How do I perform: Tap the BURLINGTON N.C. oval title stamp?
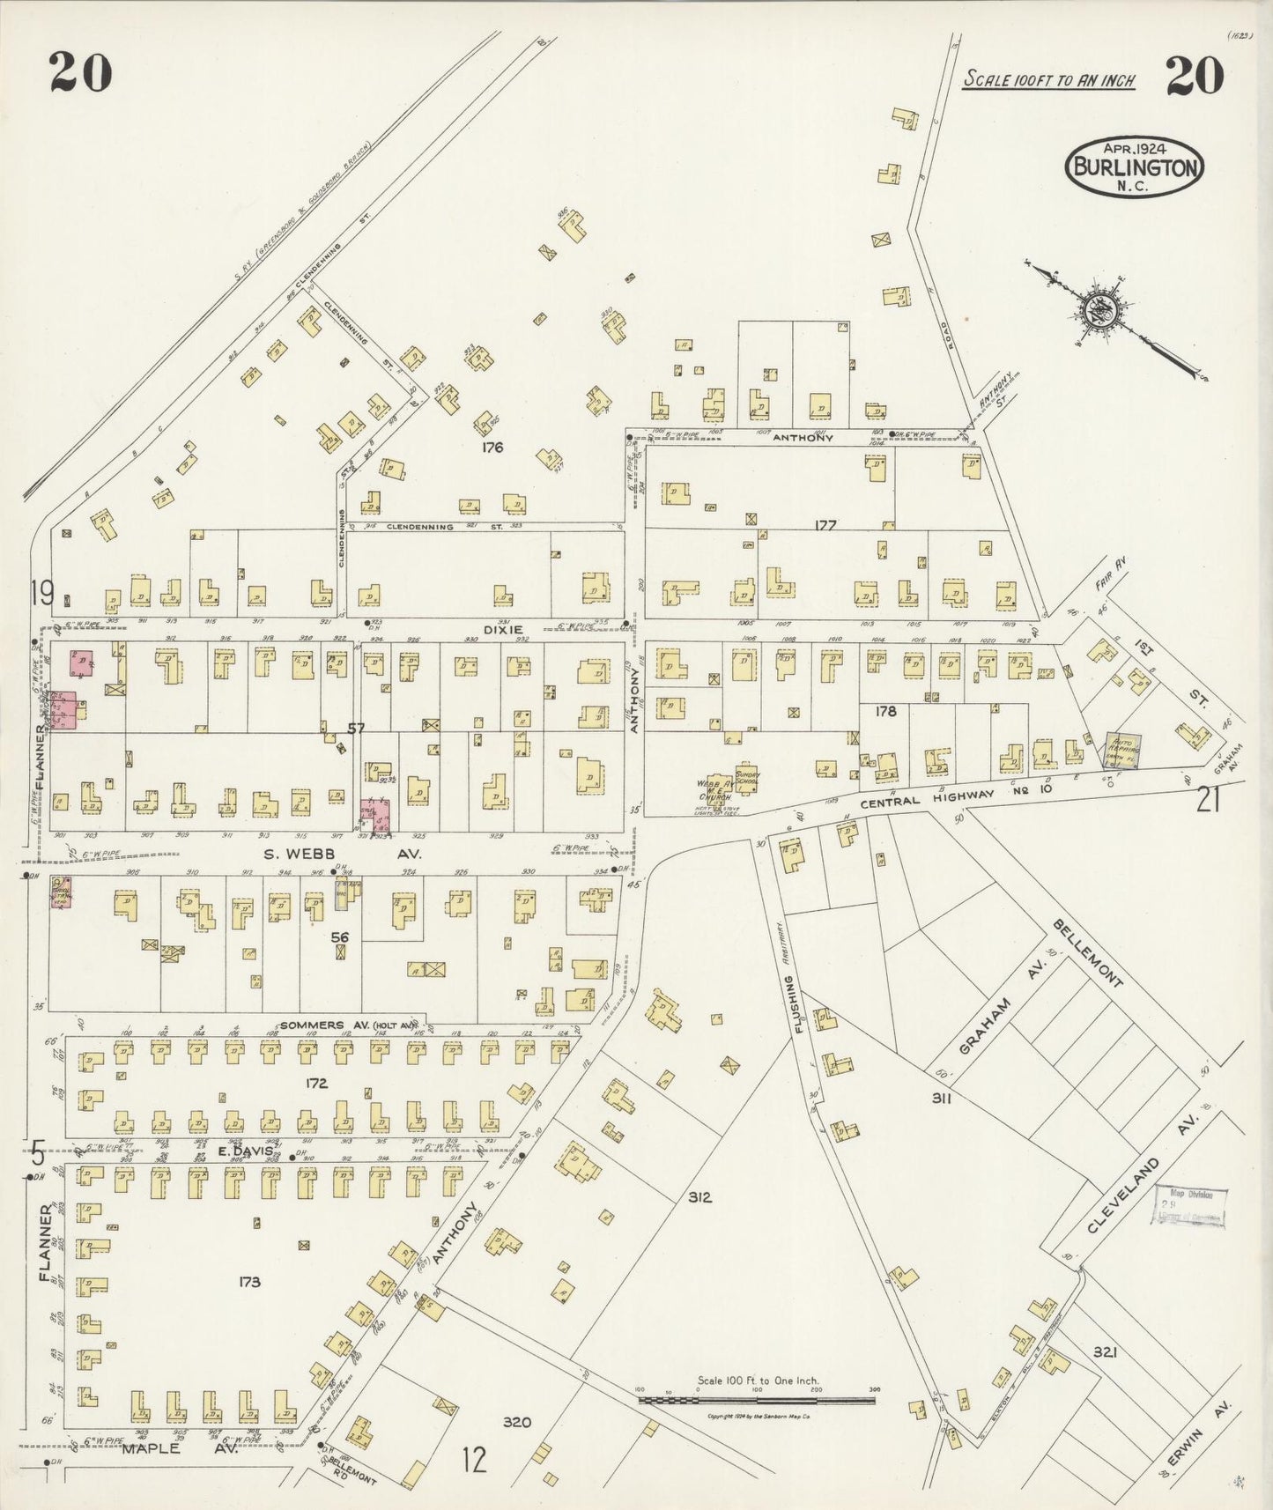click(x=1134, y=167)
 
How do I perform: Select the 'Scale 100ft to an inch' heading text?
click(x=1048, y=79)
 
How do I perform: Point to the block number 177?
click(x=825, y=525)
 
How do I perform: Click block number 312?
click(x=699, y=1197)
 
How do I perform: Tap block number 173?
click(x=249, y=1282)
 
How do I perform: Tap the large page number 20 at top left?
click(x=80, y=72)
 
